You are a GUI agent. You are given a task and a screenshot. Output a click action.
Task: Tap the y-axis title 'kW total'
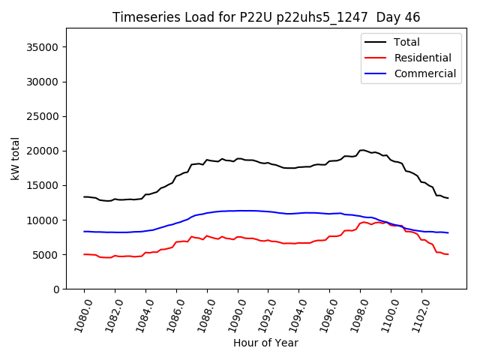15,158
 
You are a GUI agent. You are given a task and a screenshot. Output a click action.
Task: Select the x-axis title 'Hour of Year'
265,343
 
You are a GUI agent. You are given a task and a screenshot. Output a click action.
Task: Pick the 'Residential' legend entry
422,58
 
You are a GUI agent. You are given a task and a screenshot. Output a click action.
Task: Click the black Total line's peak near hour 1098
363,150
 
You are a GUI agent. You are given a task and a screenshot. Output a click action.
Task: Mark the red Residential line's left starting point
84,254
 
